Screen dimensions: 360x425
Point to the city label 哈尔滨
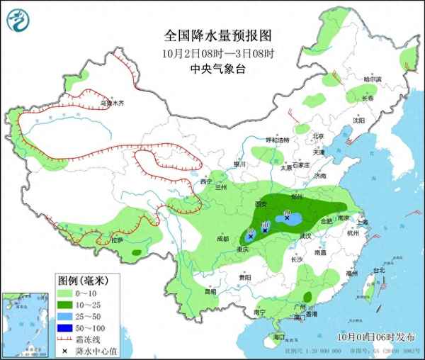(x=372, y=79)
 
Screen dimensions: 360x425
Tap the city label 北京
(x=318, y=136)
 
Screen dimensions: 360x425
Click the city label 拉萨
(x=115, y=240)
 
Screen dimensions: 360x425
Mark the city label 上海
(x=363, y=221)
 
